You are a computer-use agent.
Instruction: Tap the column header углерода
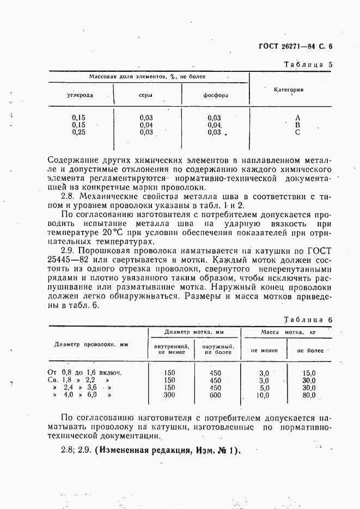(x=80, y=95)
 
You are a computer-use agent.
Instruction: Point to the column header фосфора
(x=216, y=95)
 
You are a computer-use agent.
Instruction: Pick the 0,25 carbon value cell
(x=80, y=132)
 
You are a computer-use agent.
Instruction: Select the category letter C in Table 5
(x=297, y=132)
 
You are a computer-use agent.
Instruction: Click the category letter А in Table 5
(x=297, y=118)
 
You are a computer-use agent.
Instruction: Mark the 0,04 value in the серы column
(x=146, y=125)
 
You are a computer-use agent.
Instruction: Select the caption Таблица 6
(x=308, y=320)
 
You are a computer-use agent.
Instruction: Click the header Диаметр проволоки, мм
(x=91, y=344)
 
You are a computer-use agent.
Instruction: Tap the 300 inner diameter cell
(x=169, y=395)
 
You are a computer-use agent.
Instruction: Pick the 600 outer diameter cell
(x=216, y=395)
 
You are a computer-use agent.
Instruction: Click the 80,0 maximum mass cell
(x=309, y=395)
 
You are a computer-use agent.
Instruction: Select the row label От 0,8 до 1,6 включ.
(x=84, y=373)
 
